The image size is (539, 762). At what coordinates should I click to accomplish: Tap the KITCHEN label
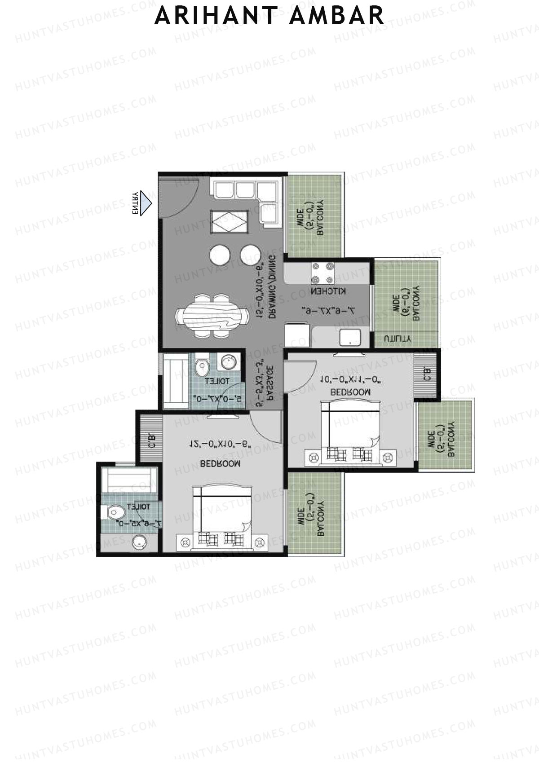coord(328,291)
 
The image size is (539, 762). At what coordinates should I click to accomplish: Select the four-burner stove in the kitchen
coord(323,272)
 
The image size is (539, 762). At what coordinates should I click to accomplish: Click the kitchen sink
coord(350,337)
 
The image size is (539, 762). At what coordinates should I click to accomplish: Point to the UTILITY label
coord(396,339)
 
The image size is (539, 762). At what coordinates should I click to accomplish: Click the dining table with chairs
coord(212,315)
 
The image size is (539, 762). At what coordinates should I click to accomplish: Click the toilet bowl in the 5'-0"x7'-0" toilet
coord(202,367)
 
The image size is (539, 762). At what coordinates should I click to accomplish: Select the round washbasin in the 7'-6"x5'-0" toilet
coord(140,543)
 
